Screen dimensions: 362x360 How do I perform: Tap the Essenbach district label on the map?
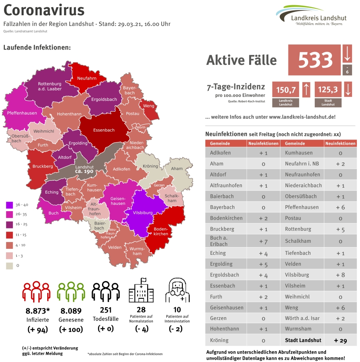pos(104,130)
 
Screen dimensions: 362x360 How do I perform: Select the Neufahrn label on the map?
pos(87,78)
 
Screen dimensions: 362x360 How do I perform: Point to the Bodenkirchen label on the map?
pos(161,231)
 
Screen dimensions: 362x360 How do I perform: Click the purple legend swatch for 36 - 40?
pos(9,205)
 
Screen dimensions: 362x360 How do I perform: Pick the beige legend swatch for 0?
pos(9,265)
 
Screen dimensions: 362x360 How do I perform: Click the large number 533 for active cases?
pos(315,60)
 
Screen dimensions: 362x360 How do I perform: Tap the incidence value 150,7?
pos(286,90)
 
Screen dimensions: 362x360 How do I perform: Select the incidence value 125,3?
pos(328,90)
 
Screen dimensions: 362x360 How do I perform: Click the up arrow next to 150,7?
pos(306,90)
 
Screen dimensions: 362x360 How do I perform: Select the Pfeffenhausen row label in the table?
pos(302,207)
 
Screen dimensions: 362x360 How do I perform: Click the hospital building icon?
pos(141,292)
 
